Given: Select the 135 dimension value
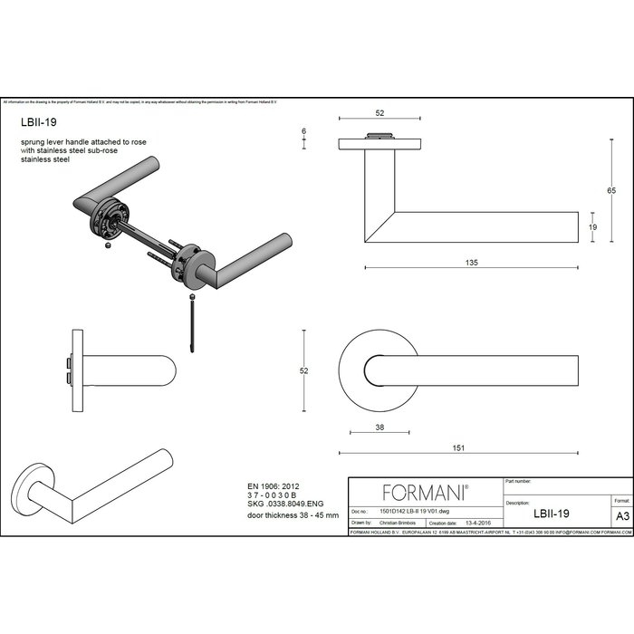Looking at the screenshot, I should coord(471,262).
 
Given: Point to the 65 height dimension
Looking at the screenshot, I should coord(611,190).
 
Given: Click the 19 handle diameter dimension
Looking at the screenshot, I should coord(593,227).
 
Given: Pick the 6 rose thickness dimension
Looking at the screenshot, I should coord(304,132).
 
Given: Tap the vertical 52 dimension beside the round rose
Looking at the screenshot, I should coord(305,371).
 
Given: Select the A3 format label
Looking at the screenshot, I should coord(622,514).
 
